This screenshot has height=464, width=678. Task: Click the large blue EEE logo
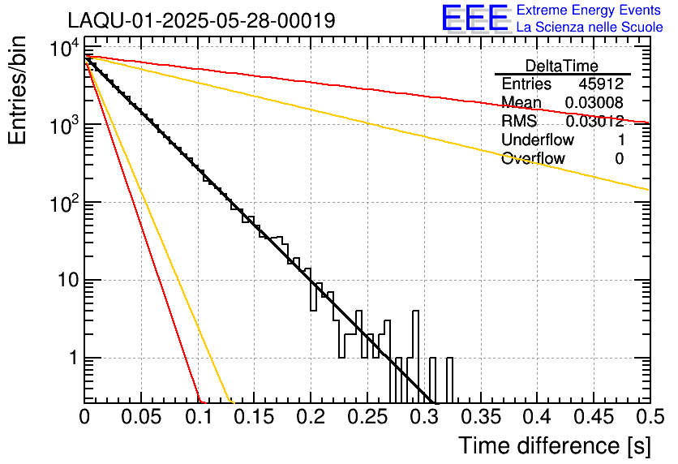[474, 19]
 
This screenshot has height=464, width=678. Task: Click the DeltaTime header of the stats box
[561, 66]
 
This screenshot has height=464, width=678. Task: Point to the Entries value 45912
[601, 84]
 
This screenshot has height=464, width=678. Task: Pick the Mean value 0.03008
[594, 102]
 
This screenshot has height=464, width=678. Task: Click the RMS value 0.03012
[594, 121]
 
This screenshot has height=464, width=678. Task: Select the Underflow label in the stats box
[538, 140]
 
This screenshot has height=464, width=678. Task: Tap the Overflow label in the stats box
[533, 158]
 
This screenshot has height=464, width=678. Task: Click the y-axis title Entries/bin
[18, 91]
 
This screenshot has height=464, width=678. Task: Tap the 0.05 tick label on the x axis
[141, 416]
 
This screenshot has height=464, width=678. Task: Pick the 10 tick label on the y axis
[63, 281]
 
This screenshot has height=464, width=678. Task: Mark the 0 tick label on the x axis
[85, 416]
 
